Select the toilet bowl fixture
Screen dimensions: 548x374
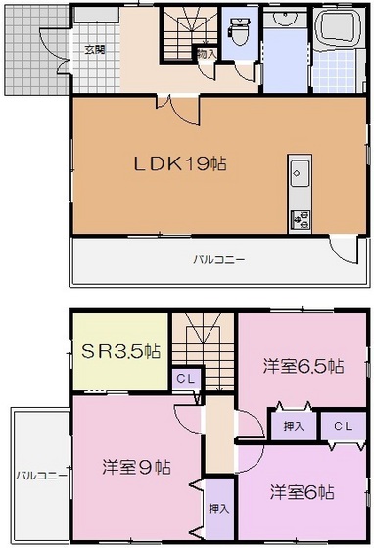click(x=237, y=36)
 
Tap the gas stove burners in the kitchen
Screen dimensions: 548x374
click(x=300, y=217)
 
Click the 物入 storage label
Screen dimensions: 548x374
click(x=206, y=55)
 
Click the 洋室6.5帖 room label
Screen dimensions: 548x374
click(x=303, y=366)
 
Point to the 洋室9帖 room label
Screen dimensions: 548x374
click(x=136, y=467)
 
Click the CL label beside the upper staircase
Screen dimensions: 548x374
click(x=184, y=377)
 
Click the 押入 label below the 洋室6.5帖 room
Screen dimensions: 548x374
click(x=292, y=426)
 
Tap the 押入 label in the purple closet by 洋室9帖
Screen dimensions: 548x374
click(x=219, y=510)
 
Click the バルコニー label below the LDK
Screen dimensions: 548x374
click(x=218, y=259)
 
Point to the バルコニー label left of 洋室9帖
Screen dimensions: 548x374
click(x=41, y=475)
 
